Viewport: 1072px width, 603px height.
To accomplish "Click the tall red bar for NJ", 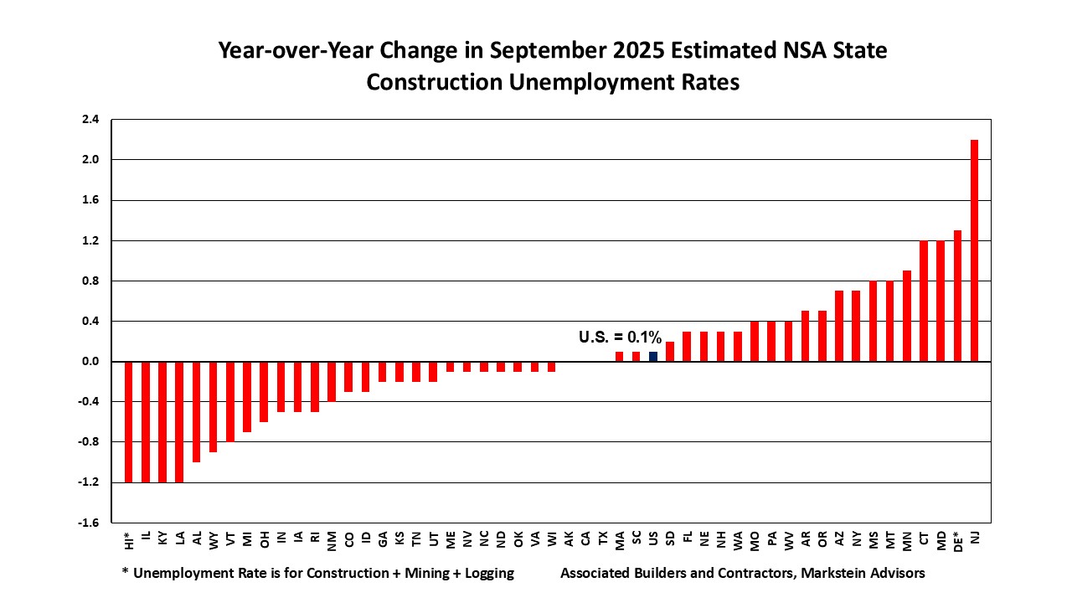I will pos(975,250).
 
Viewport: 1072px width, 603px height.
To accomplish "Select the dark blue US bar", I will pos(653,357).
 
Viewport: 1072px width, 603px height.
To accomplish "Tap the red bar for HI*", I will pos(129,422).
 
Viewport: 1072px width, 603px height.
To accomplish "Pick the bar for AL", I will pos(197,412).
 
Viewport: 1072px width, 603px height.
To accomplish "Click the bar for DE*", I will pos(957,296).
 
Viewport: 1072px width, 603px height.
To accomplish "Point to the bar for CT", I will pos(924,301).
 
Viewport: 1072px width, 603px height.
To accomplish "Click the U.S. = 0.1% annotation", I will pos(620,338).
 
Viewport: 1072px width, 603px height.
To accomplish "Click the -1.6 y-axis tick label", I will pos(89,523).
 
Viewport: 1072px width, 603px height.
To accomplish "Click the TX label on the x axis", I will pos(603,539).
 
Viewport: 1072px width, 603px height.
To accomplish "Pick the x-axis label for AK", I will pos(569,539).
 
